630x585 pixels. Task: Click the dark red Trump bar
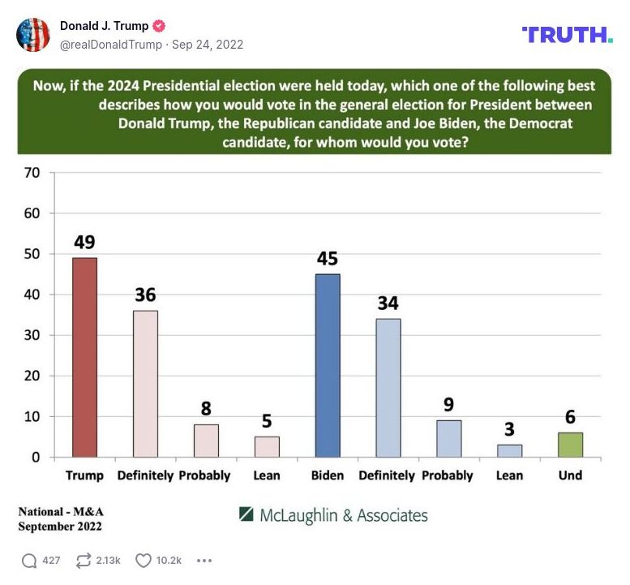point(84,357)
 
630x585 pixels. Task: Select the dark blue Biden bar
point(328,365)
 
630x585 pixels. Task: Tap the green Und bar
point(570,444)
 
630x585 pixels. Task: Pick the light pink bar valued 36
point(145,383)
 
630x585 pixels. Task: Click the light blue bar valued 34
point(388,387)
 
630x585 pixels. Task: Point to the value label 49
point(84,242)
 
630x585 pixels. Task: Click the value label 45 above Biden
point(328,259)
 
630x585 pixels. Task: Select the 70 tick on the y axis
point(32,172)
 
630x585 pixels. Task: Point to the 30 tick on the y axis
point(32,335)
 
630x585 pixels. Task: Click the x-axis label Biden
point(328,475)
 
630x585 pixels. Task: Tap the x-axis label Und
point(570,475)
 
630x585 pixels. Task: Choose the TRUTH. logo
point(567,34)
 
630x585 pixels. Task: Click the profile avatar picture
point(33,35)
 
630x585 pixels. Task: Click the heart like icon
point(144,560)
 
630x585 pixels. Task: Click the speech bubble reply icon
point(29,560)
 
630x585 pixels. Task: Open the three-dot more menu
point(204,560)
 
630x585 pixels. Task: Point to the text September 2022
point(61,526)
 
